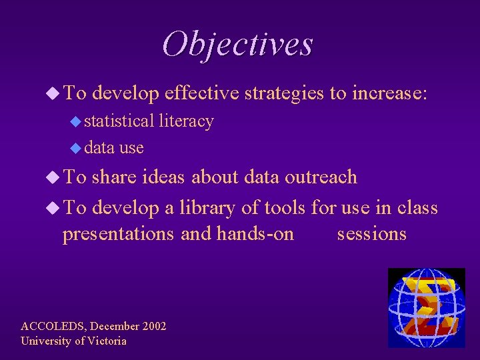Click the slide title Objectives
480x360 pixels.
point(237,45)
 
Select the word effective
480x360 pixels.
point(201,93)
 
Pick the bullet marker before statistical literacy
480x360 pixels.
point(76,121)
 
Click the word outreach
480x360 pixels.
point(321,177)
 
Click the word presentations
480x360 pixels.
point(119,234)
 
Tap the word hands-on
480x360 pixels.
point(255,234)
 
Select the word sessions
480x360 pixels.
point(371,234)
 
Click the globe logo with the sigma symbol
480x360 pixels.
point(426,307)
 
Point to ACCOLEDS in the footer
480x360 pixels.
point(53,326)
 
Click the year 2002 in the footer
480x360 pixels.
point(154,326)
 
